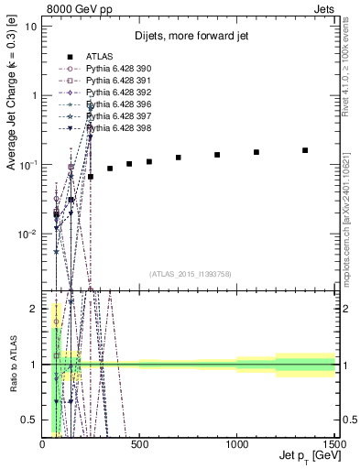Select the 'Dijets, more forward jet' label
coord(190,37)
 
